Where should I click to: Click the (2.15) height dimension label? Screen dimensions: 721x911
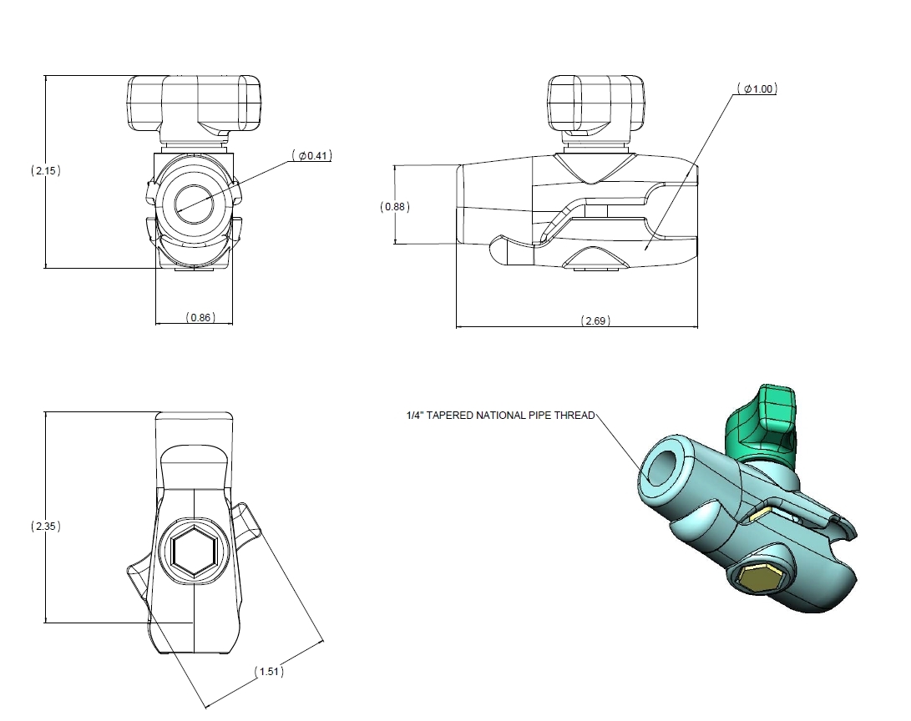47,170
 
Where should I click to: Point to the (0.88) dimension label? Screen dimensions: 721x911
395,206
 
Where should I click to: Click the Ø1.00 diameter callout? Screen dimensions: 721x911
757,89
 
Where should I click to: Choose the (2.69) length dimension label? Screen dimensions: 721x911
594,321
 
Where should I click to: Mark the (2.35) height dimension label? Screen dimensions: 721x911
47,527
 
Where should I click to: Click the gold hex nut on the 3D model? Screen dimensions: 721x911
759,577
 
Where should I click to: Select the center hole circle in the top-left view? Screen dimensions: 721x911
195,201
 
